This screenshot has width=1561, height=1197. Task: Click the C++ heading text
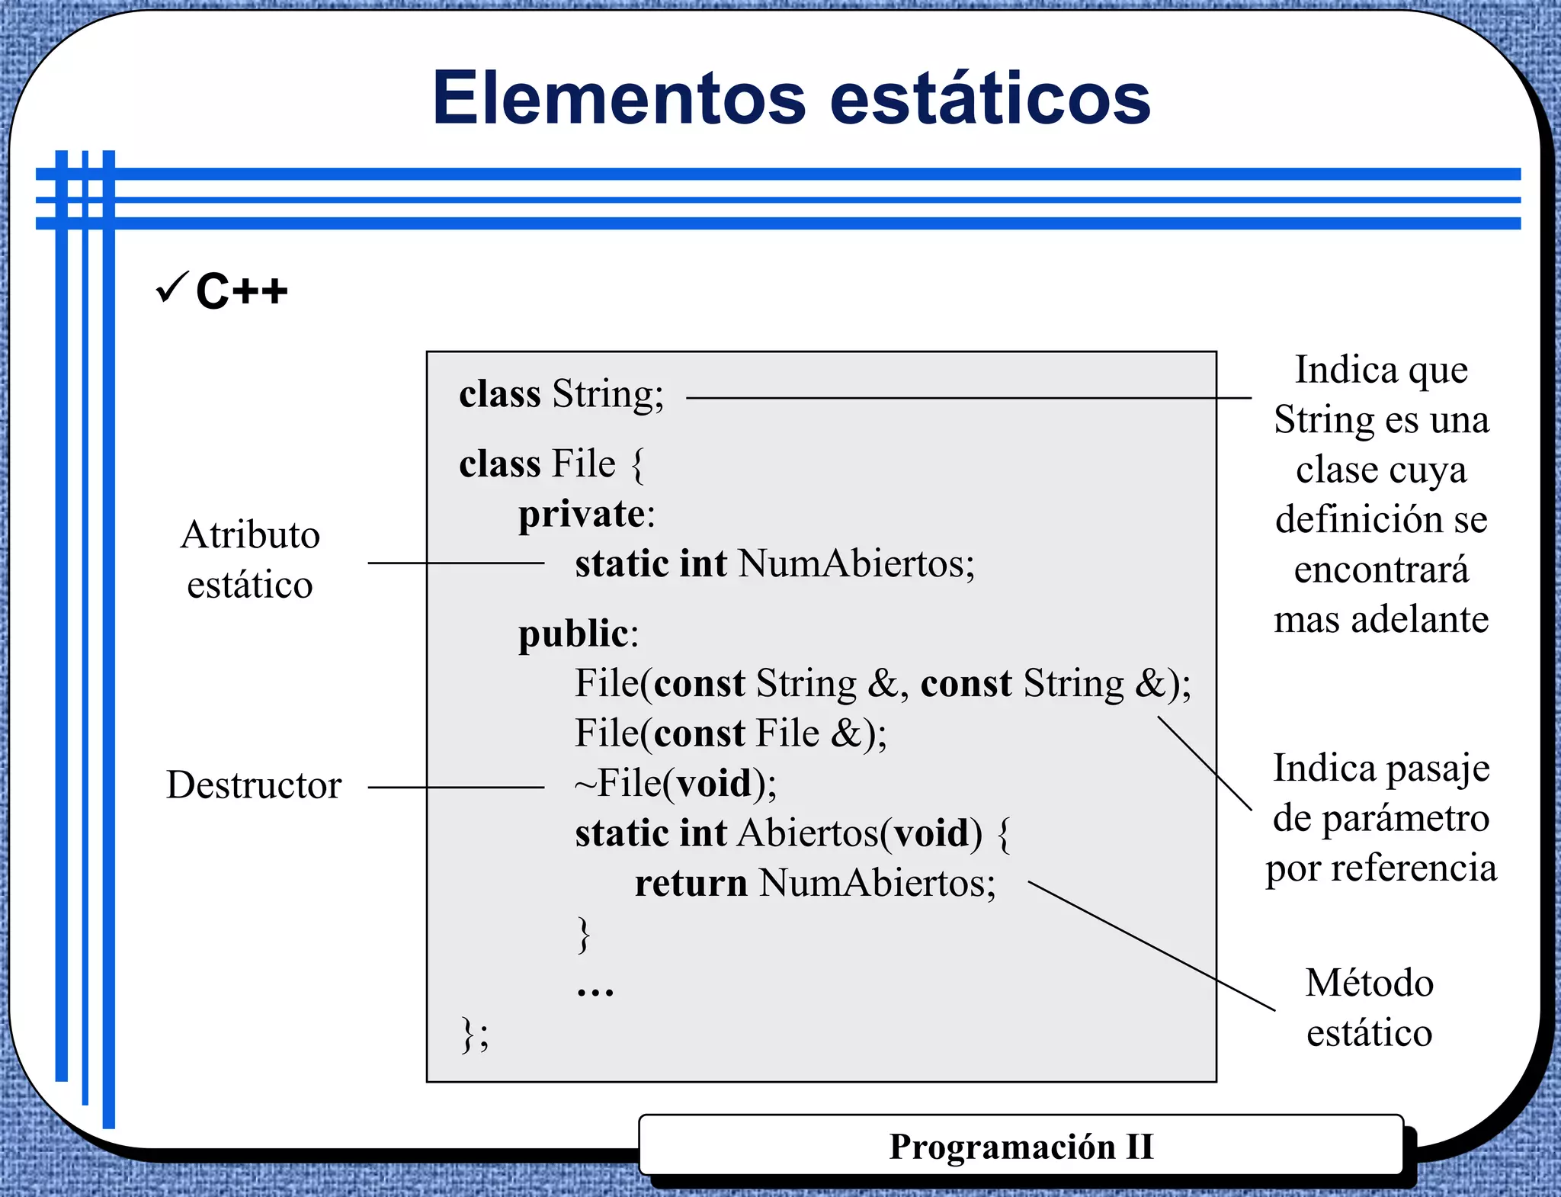click(242, 291)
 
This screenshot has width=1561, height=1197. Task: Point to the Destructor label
click(254, 785)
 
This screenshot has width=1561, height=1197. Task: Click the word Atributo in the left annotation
click(250, 535)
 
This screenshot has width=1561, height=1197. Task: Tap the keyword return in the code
click(691, 884)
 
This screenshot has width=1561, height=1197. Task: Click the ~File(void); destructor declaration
click(675, 784)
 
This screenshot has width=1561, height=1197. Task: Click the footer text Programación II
click(1021, 1147)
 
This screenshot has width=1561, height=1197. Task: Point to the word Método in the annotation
click(1369, 984)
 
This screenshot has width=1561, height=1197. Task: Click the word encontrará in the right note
click(1381, 570)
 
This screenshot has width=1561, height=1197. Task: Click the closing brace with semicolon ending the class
click(475, 1035)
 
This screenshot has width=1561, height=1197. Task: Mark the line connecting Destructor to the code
click(456, 788)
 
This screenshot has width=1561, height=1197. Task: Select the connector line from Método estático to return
click(1151, 946)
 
